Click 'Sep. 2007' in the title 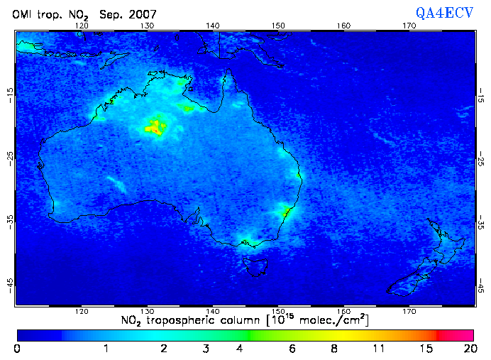[x=129, y=14]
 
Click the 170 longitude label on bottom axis [x=409, y=311]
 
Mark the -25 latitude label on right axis [x=481, y=156]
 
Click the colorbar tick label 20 [x=468, y=349]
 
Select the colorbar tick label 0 [x=17, y=349]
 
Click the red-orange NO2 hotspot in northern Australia [x=155, y=127]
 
